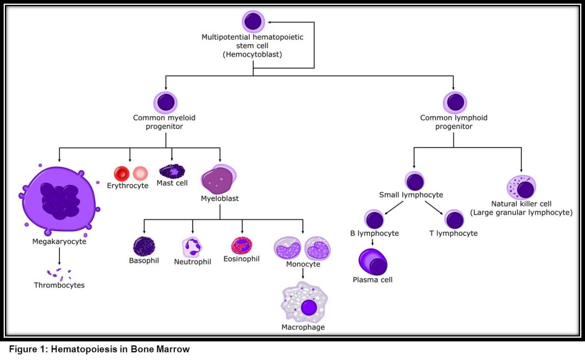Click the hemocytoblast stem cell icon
(253, 22)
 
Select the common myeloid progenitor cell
(165, 102)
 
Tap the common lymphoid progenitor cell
(454, 102)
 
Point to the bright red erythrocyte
(122, 174)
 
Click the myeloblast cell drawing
(219, 180)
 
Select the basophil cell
(144, 246)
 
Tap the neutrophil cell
(192, 247)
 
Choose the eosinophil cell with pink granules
(242, 246)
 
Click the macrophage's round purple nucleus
(309, 308)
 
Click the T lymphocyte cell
(454, 219)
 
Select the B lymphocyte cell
(374, 219)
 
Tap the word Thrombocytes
(59, 285)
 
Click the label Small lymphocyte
(411, 195)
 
